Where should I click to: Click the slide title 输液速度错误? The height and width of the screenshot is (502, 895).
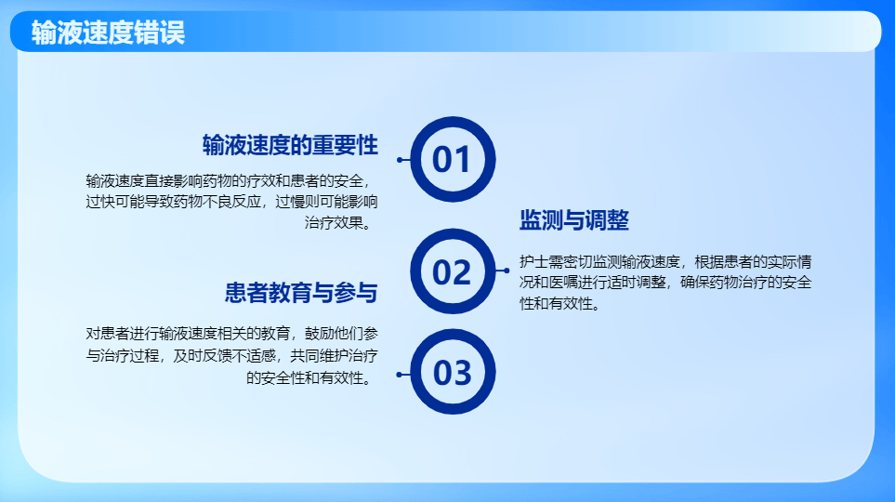coord(108,33)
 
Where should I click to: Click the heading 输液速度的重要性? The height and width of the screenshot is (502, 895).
coord(290,145)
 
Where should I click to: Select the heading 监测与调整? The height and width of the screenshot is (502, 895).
coord(574,221)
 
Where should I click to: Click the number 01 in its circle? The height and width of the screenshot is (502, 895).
coord(453,160)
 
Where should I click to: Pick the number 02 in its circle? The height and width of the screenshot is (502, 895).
coord(453,271)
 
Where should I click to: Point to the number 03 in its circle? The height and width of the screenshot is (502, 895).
coord(453,373)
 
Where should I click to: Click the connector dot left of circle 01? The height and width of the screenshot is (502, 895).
coord(400,160)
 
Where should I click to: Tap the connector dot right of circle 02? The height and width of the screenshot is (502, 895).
coord(507,271)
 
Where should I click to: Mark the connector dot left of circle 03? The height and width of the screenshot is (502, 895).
coord(400,375)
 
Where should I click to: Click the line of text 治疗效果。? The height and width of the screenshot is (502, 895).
coord(341,222)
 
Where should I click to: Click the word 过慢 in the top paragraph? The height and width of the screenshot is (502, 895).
coord(292,201)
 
